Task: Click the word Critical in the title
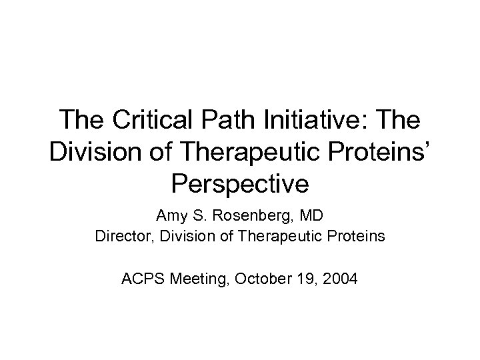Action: [155, 121]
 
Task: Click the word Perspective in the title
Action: [240, 182]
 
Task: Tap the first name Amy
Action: [169, 216]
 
